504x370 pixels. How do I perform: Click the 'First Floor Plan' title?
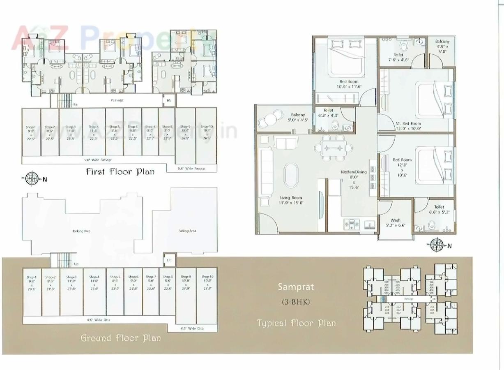120,171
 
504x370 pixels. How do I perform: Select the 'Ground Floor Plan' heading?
120,338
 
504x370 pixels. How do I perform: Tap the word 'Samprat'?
295,287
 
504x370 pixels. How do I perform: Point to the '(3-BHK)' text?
296,302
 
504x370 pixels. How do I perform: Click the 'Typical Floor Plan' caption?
296,323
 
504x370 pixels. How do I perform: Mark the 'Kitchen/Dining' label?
353,172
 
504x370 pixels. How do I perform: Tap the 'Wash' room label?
396,220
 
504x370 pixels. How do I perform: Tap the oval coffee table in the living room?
292,173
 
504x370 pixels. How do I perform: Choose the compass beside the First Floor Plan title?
31,178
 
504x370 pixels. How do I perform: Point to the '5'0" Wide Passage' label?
192,169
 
